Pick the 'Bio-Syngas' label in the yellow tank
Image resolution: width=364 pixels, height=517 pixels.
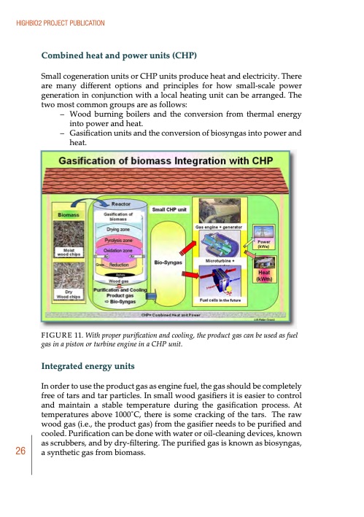166,259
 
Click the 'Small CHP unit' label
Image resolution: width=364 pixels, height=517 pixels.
170,209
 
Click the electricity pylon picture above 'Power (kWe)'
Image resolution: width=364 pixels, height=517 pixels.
265,228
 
